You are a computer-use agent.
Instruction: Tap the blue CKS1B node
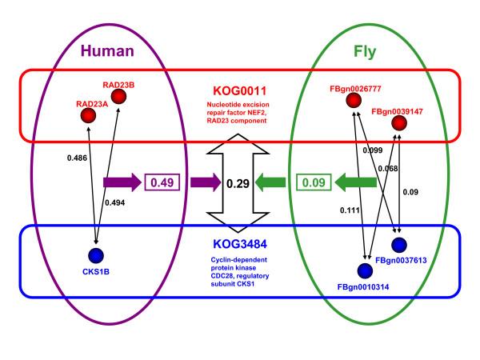click(x=96, y=256)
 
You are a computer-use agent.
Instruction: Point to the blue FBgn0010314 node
click(x=366, y=270)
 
